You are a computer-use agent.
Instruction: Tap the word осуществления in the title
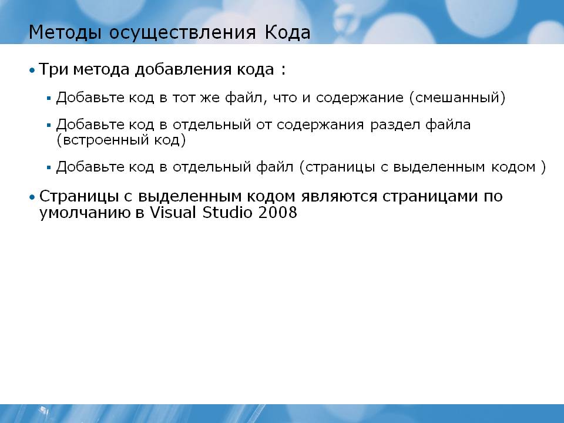point(183,33)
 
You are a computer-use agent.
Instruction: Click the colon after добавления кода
point(283,70)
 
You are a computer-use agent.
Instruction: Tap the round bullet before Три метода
point(32,70)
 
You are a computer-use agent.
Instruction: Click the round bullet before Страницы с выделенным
point(32,197)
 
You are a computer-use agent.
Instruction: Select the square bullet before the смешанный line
point(49,98)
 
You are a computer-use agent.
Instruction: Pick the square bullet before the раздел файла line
point(49,125)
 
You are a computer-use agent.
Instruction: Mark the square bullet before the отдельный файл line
point(49,167)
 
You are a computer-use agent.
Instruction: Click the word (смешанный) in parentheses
point(457,98)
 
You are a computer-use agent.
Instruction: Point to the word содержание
point(360,98)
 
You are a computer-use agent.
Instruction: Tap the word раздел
point(395,125)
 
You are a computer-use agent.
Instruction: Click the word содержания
point(321,125)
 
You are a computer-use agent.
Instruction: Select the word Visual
point(173,212)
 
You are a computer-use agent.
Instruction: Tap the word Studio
point(227,212)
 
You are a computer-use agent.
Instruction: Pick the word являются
point(339,197)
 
